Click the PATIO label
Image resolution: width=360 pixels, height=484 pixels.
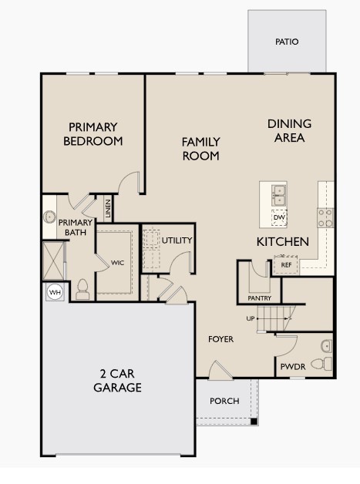click(x=287, y=42)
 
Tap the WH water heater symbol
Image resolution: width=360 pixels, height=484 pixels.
click(x=55, y=292)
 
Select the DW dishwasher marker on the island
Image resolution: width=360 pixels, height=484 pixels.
click(x=279, y=217)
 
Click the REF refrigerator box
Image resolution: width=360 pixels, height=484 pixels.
click(x=286, y=265)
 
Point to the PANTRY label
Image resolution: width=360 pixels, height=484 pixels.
click(x=259, y=298)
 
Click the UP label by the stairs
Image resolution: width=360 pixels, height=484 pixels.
click(x=251, y=318)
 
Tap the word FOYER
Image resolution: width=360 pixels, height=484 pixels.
click(x=220, y=339)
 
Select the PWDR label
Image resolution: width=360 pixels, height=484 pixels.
click(x=293, y=367)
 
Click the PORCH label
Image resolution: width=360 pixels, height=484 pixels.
click(x=224, y=401)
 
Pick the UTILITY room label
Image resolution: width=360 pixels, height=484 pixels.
click(x=177, y=240)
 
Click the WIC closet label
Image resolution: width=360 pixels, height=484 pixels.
click(x=117, y=263)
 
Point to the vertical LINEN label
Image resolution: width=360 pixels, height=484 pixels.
click(x=108, y=209)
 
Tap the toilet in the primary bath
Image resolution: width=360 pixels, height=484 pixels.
click(x=82, y=289)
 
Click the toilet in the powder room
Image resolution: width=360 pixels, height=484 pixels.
click(x=321, y=364)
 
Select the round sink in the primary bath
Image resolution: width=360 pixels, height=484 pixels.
click(x=49, y=217)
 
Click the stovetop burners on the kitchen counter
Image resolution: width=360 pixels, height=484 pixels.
click(x=325, y=218)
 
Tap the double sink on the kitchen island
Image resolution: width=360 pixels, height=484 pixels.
click(x=279, y=196)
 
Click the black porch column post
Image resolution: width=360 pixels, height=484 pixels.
click(x=254, y=421)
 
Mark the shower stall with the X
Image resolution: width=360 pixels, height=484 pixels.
click(x=54, y=260)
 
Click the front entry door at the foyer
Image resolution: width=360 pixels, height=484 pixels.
click(x=220, y=371)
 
